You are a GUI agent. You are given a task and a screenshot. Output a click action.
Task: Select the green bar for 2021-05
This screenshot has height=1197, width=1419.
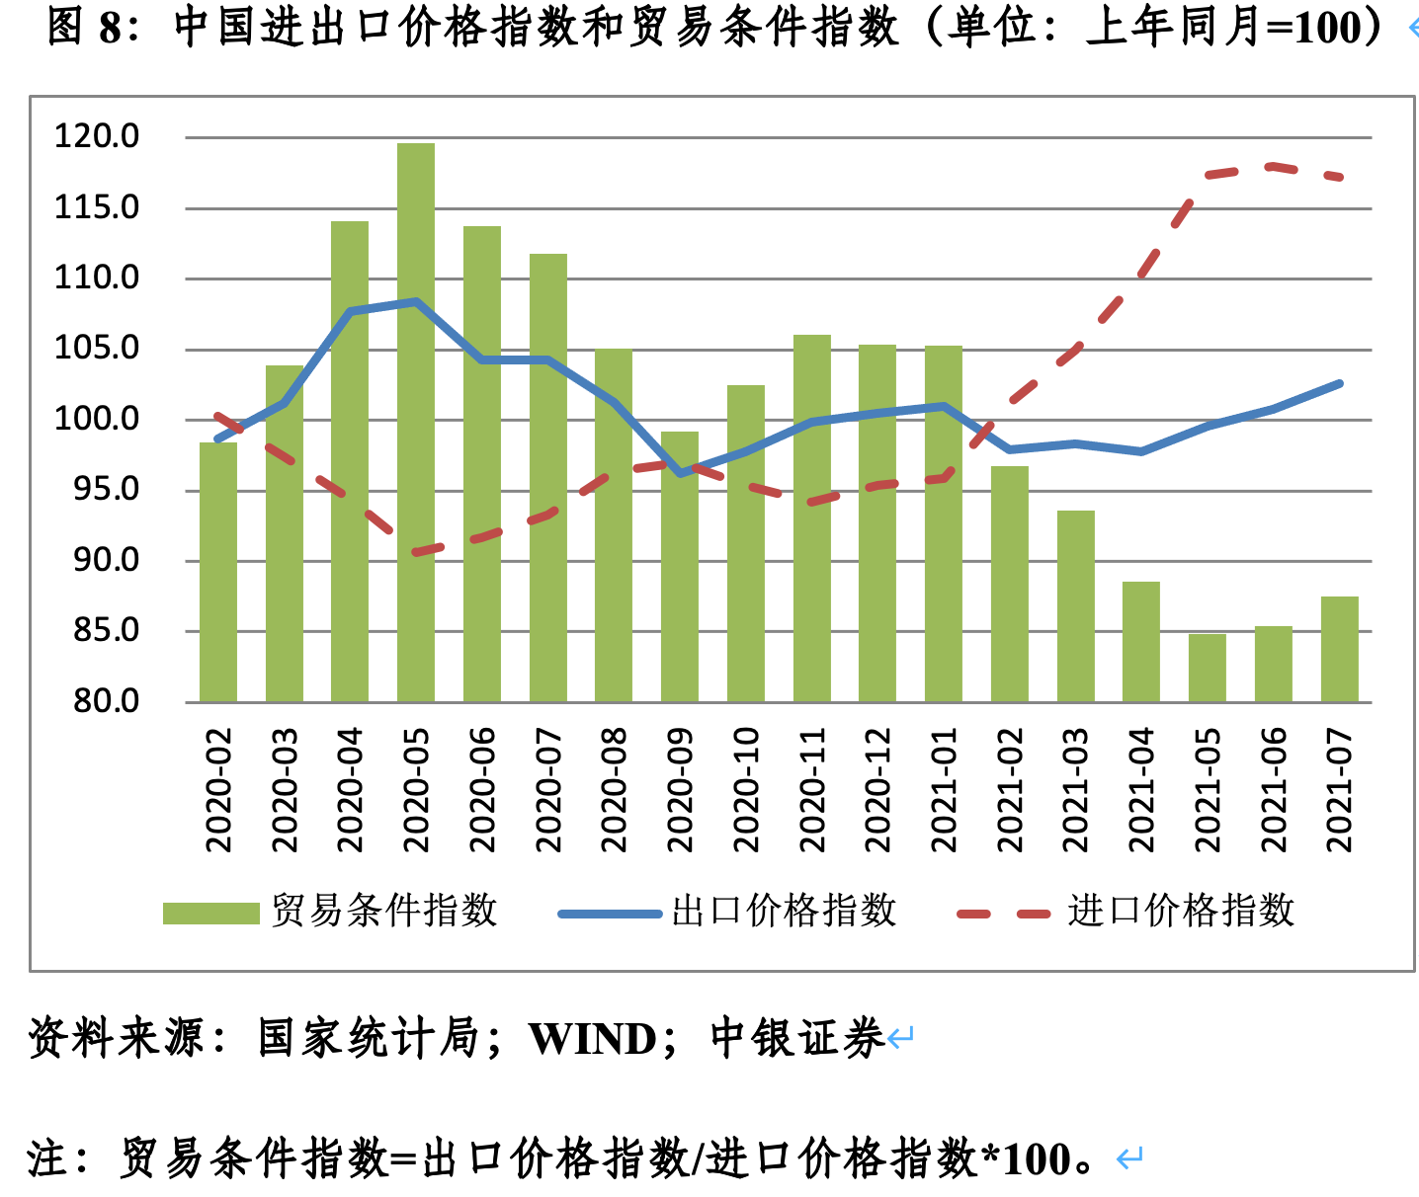(x=1207, y=668)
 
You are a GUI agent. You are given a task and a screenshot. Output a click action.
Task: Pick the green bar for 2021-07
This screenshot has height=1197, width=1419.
(x=1339, y=649)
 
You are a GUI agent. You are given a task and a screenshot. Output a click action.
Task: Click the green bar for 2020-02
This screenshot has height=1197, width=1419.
(x=218, y=573)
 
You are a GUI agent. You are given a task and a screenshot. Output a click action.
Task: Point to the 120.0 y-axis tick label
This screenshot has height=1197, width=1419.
(x=97, y=136)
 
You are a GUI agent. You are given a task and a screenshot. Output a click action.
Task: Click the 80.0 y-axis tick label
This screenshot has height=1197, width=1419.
(x=107, y=701)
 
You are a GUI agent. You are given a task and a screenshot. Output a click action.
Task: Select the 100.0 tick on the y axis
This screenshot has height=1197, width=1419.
(x=97, y=419)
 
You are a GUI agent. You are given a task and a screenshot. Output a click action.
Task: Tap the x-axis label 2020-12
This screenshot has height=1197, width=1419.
(x=877, y=790)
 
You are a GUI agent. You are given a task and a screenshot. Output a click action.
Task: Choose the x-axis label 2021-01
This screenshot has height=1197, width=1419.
(x=944, y=790)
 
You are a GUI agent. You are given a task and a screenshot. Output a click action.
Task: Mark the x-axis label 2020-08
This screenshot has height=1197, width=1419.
(x=614, y=790)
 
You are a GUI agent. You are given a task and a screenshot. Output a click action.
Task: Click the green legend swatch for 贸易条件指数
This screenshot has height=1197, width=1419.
(x=210, y=913)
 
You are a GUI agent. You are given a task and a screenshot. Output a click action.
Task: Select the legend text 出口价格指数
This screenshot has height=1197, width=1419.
(x=784, y=911)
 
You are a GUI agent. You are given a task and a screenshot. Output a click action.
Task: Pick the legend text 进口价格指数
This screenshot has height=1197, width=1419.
(x=1181, y=911)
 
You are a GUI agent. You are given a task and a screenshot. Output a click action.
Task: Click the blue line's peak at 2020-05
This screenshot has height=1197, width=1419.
(x=416, y=301)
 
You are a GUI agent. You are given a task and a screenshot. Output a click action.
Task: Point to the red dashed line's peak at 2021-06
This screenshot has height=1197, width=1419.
(x=1273, y=166)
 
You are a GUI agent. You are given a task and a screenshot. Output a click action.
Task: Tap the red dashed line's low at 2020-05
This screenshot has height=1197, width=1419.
(x=416, y=552)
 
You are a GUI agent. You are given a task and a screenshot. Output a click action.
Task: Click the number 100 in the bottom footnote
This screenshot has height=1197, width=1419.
(x=1037, y=1158)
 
